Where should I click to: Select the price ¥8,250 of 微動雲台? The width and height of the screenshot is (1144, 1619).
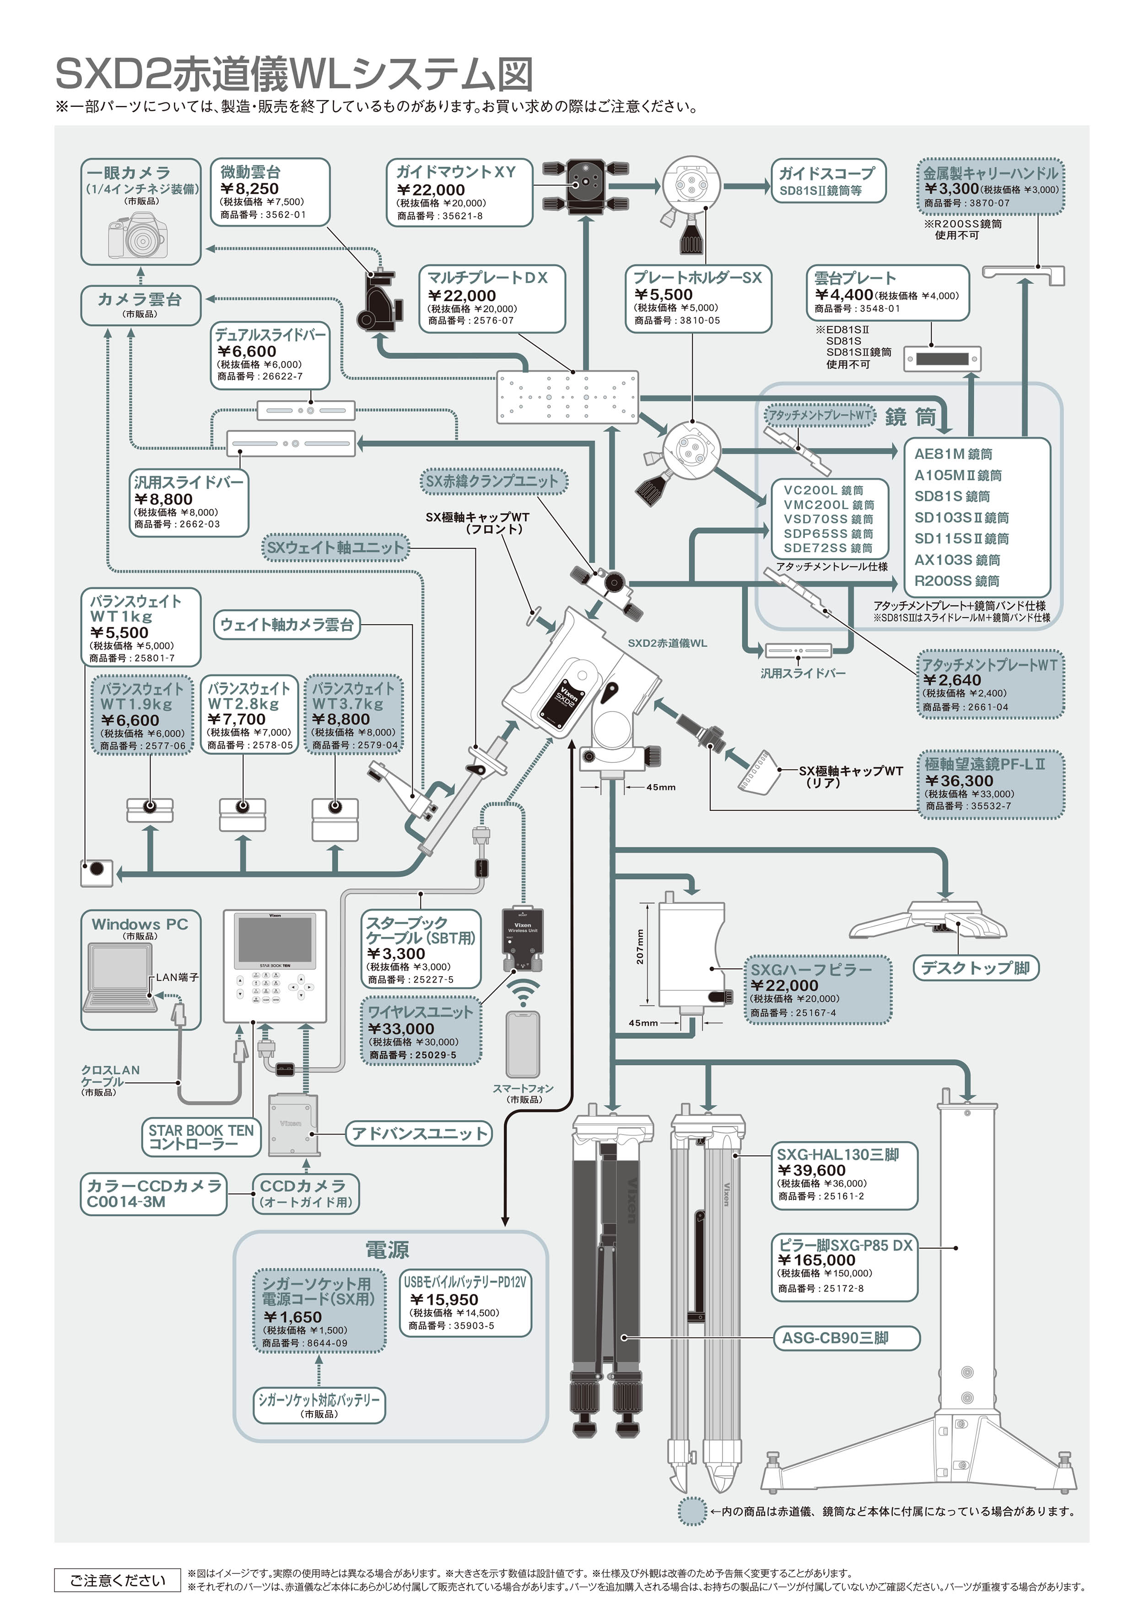(250, 189)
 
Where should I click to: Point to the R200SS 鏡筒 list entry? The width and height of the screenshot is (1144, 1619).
(956, 581)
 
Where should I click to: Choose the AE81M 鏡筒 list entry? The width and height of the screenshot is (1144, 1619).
(953, 454)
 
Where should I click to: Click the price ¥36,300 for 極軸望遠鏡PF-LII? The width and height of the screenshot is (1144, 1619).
(959, 781)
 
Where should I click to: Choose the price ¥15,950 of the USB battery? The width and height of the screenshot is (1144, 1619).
(444, 1299)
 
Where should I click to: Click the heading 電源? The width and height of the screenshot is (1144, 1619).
(387, 1250)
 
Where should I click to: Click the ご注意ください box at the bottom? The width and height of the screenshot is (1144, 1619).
(118, 1580)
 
